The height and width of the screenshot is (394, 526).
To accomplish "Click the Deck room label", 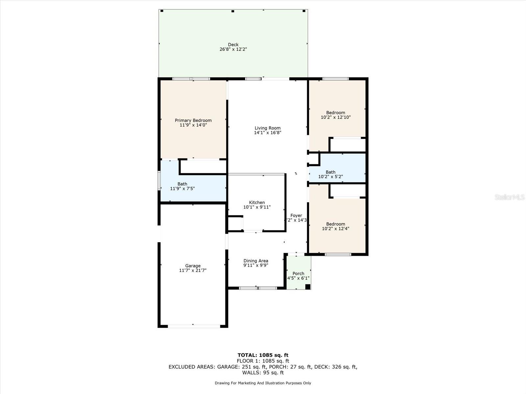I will point(233,45).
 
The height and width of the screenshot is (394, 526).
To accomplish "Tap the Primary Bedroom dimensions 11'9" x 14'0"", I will point(193,125).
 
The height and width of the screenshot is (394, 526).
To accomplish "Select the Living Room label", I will point(268,128).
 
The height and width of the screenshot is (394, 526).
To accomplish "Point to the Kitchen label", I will point(257,203).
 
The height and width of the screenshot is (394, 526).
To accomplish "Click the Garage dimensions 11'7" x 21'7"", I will point(193,271).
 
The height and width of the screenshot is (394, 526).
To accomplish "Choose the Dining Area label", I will point(256,261).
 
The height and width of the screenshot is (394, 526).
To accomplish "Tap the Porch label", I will point(298,274).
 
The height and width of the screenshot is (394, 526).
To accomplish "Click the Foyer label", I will point(296,216).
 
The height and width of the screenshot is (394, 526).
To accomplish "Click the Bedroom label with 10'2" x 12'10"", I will point(336,113).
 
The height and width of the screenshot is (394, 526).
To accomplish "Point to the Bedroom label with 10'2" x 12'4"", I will point(336,224).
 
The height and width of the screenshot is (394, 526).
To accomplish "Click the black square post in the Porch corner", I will point(308,287).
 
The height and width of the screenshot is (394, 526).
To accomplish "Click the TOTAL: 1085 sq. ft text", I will point(263,355).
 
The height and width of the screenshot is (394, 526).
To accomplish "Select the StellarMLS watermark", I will point(510,197).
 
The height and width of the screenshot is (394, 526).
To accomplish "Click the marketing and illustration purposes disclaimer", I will point(263,383).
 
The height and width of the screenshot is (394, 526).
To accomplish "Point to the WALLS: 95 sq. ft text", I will point(263,373).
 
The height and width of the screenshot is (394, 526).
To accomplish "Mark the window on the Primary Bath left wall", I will point(159,181).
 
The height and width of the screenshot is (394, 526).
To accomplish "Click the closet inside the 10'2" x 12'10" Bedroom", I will point(348,145).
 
